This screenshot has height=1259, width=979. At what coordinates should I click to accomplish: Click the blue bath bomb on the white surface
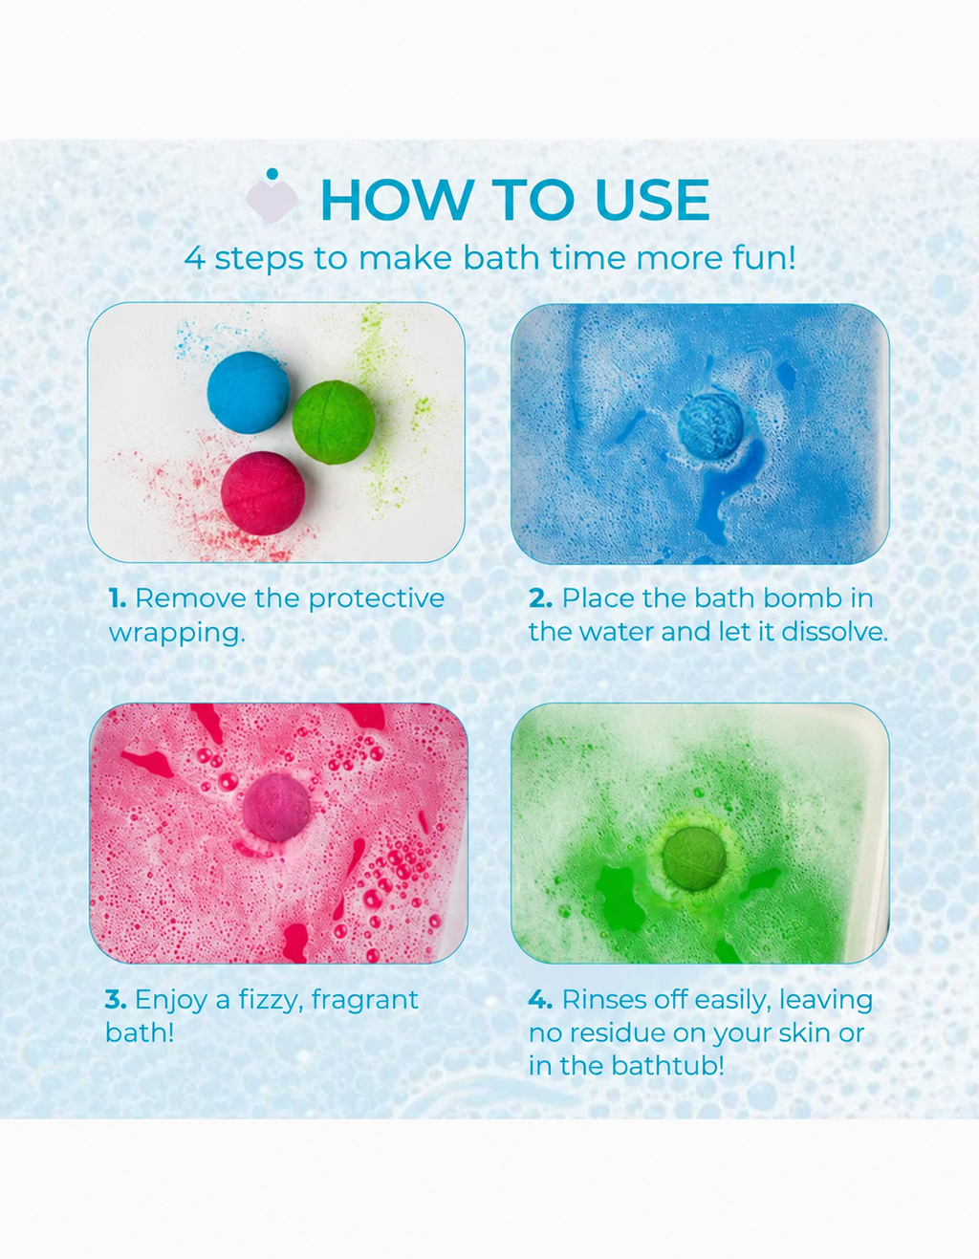249,392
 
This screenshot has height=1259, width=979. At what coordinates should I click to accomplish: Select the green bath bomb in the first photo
333,423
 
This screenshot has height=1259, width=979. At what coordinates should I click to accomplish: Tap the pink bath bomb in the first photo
263,493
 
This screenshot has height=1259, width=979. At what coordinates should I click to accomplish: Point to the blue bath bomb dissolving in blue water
710,426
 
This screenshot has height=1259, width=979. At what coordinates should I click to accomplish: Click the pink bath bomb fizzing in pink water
276,808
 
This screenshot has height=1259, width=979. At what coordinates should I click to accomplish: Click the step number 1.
117,598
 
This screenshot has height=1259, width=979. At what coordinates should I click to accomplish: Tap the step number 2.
540,598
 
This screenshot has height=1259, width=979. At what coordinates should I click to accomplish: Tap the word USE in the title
652,200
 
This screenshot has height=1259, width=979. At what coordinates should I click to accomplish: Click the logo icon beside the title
272,196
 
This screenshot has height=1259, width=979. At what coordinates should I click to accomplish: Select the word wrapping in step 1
177,634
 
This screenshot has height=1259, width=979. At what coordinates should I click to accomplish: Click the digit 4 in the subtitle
195,258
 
